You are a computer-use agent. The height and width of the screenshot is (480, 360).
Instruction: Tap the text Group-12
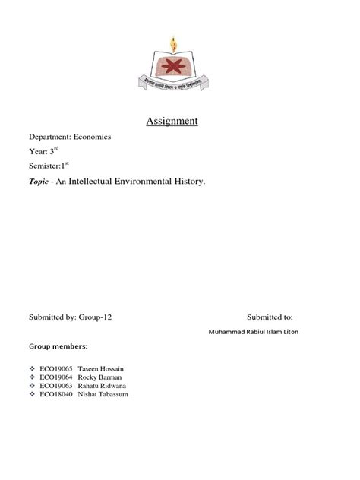click(x=103, y=317)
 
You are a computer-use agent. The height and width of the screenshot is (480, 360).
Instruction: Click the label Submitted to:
click(x=269, y=317)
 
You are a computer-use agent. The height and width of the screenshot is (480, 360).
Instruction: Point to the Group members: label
click(x=59, y=346)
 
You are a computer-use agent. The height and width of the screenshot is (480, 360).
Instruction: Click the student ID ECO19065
click(x=57, y=368)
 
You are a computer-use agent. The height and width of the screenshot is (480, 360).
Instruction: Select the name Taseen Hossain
click(x=104, y=368)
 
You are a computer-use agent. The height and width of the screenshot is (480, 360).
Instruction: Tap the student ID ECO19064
click(x=57, y=377)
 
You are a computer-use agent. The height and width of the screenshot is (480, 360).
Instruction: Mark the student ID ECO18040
click(x=57, y=394)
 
